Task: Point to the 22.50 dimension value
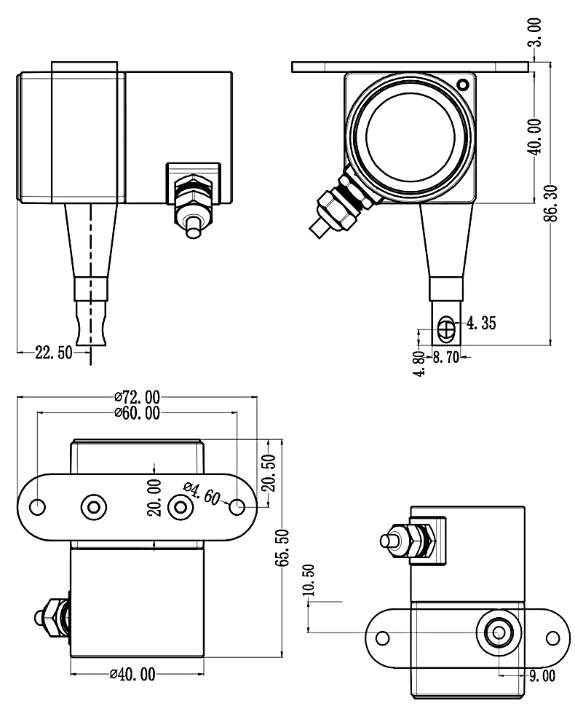[x=54, y=353]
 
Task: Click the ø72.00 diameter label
[x=137, y=397]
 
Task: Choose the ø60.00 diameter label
[x=137, y=413]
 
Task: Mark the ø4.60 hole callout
[x=202, y=493]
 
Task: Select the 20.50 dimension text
[x=269, y=474]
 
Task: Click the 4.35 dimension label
[x=482, y=323]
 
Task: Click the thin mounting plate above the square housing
[x=410, y=66]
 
